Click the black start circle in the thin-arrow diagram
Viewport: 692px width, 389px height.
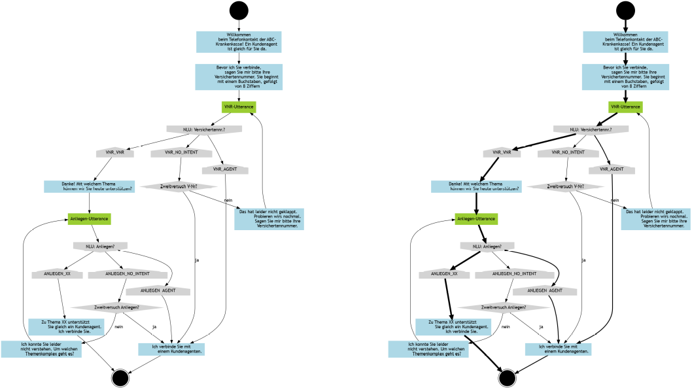pyautogui.click(x=239, y=11)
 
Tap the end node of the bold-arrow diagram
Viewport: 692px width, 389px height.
pyautogui.click(x=506, y=378)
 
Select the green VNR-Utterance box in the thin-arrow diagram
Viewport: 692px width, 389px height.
pyautogui.click(x=239, y=107)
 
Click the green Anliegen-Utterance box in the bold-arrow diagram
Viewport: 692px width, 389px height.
pyautogui.click(x=476, y=218)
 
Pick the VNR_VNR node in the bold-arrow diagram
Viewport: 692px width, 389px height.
pyautogui.click(x=502, y=152)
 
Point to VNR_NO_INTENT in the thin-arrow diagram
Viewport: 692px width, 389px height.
pyautogui.click(x=182, y=152)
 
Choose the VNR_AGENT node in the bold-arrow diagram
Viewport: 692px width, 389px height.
pyautogui.click(x=612, y=170)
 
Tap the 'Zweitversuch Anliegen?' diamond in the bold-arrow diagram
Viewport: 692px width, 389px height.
pyautogui.click(x=504, y=307)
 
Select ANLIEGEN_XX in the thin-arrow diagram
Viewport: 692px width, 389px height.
pyautogui.click(x=57, y=274)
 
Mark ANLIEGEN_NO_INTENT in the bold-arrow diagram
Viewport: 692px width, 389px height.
pyautogui.click(x=509, y=274)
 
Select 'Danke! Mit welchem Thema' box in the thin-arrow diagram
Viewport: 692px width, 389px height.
pyautogui.click(x=90, y=186)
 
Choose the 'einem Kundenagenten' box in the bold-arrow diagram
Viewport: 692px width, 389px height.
pyautogui.click(x=564, y=349)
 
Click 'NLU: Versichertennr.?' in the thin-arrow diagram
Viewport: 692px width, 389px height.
pyautogui.click(x=205, y=129)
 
